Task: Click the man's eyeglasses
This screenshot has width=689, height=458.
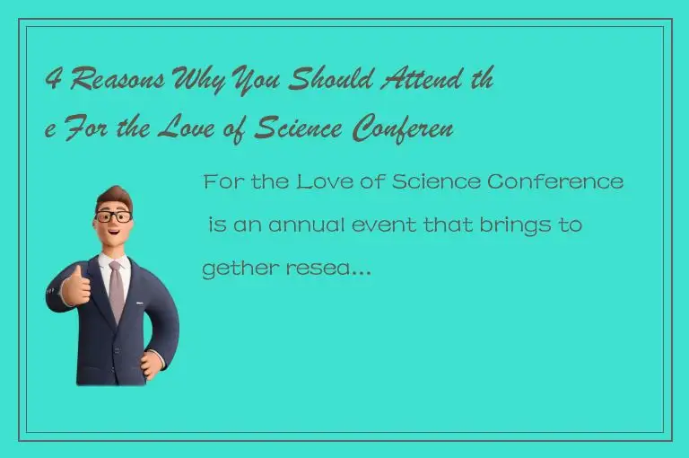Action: [113, 216]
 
